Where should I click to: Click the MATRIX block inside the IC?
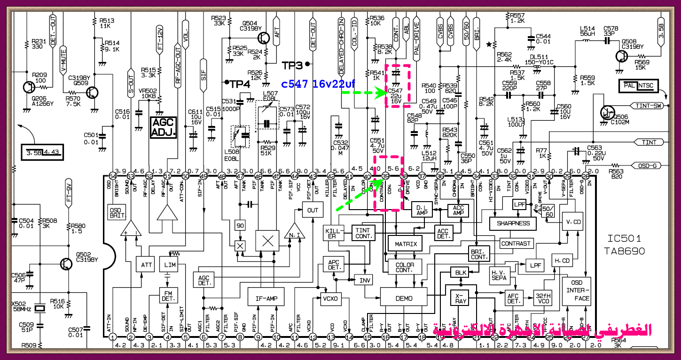pyautogui.click(x=405, y=243)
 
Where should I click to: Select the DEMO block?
pyautogui.click(x=404, y=298)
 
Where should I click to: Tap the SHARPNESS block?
pyautogui.click(x=513, y=223)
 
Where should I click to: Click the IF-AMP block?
pyautogui.click(x=266, y=298)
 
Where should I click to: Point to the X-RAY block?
pyautogui.click(x=461, y=298)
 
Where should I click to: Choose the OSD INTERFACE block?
pyautogui.click(x=576, y=291)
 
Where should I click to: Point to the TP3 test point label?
pyautogui.click(x=294, y=63)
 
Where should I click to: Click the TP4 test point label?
pyautogui.click(x=240, y=83)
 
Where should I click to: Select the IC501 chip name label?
pyautogui.click(x=624, y=238)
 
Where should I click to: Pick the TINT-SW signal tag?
pyautogui.click(x=648, y=106)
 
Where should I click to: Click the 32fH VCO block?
pyautogui.click(x=543, y=298)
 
